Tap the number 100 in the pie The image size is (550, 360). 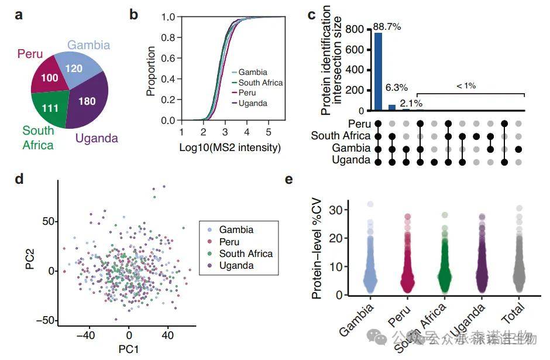pos(49,78)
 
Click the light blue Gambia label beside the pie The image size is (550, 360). pos(88,45)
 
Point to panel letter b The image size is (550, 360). pos(133,14)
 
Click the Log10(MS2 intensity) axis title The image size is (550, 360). pos(229,148)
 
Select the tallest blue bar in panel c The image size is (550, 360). pos(379,71)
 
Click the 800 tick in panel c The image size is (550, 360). pos(358,29)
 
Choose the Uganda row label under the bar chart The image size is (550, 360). pos(351,160)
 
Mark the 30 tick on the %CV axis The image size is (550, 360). pos(337,209)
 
